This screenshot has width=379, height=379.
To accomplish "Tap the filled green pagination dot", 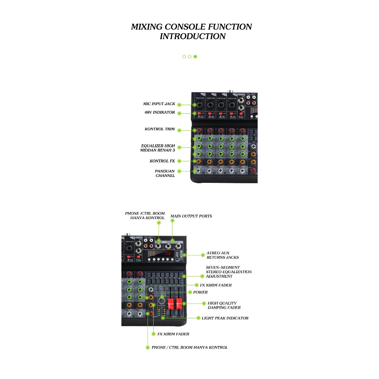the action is pyautogui.click(x=195, y=57).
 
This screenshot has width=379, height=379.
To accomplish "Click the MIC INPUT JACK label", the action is pyautogui.click(x=159, y=104).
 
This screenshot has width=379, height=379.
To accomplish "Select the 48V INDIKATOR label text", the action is pyautogui.click(x=160, y=113).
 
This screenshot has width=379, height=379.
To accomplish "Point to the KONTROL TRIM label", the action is pyautogui.click(x=160, y=129).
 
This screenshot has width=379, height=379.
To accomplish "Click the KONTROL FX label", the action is pyautogui.click(x=162, y=161).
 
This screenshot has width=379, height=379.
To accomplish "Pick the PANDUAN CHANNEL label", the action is pyautogui.click(x=165, y=173).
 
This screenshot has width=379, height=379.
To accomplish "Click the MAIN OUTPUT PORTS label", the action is pyautogui.click(x=191, y=216).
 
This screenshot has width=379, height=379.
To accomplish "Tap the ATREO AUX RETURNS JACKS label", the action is pyautogui.click(x=222, y=255).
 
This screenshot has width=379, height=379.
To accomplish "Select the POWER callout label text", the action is pyautogui.click(x=200, y=292).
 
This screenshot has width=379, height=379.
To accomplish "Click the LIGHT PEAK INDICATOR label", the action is pyautogui.click(x=225, y=318).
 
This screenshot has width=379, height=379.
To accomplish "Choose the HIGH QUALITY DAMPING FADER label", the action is pyautogui.click(x=224, y=305).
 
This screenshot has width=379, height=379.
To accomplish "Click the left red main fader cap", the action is pyautogui.click(x=171, y=304).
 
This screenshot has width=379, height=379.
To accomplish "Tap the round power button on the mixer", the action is pyautogui.click(x=162, y=301).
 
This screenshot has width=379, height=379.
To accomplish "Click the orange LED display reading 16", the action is pyautogui.click(x=153, y=254).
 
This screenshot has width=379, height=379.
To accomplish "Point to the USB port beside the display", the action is pyautogui.click(x=178, y=254).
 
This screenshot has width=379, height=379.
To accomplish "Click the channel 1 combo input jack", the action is pyautogui.click(x=199, y=105).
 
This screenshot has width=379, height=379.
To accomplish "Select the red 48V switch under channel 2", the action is pyautogui.click(x=210, y=113).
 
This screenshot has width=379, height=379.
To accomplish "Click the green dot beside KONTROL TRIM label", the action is pyautogui.click(x=179, y=130).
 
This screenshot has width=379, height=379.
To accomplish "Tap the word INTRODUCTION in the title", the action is pyautogui.click(x=192, y=36).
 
